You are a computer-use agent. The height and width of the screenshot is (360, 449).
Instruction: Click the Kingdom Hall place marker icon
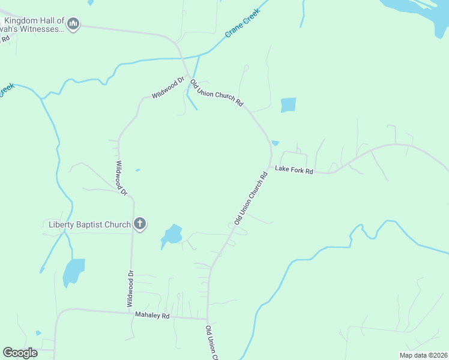[74, 24]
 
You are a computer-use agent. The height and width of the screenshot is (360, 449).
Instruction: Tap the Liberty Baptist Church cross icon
[139, 224]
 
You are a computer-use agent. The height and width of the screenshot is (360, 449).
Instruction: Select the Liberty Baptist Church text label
[89, 225]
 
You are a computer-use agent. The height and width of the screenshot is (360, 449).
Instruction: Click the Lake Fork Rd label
[294, 170]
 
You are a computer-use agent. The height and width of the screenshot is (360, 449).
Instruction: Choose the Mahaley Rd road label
[152, 315]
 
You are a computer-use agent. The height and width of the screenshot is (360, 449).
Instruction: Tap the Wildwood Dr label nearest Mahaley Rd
[130, 289]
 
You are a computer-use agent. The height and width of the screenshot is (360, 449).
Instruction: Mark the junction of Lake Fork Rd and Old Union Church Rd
[271, 165]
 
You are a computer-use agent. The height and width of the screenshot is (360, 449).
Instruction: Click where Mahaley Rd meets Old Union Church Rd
[208, 319]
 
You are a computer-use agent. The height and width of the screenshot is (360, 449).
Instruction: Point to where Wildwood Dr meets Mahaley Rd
[132, 313]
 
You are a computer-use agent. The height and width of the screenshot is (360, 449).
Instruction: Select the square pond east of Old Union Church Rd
[288, 105]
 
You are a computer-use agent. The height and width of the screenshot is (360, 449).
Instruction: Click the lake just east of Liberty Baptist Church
[172, 235]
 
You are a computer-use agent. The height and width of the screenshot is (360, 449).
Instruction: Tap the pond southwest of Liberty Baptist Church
[74, 272]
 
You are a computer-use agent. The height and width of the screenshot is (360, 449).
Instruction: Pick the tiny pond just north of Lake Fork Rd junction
[275, 143]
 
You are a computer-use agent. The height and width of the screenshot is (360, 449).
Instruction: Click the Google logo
[20, 353]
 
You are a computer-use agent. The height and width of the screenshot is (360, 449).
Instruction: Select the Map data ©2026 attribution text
[423, 355]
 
